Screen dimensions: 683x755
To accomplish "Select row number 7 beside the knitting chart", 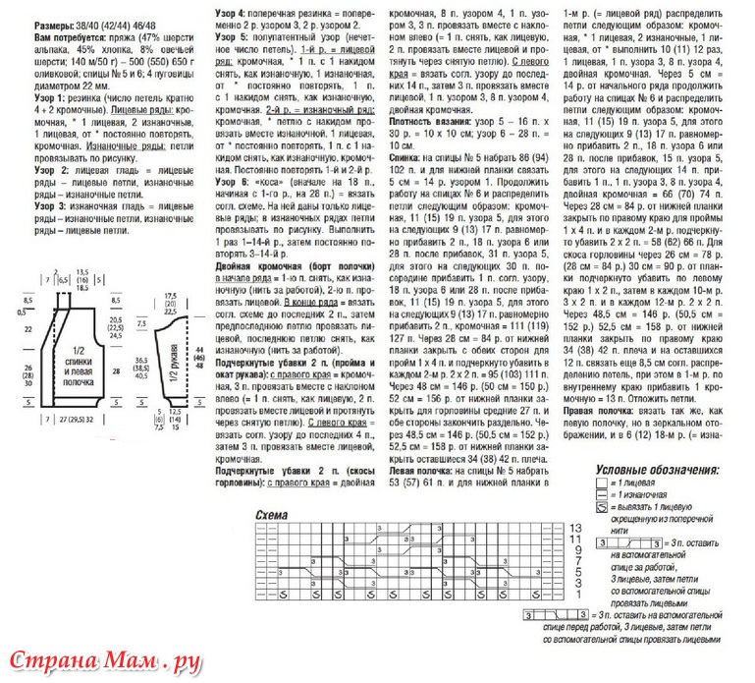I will click(577, 563).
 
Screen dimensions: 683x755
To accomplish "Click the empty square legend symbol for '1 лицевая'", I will click(602, 484).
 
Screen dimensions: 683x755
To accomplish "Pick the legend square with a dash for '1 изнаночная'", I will click(602, 497).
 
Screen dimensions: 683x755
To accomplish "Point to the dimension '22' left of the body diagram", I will click(27, 328).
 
